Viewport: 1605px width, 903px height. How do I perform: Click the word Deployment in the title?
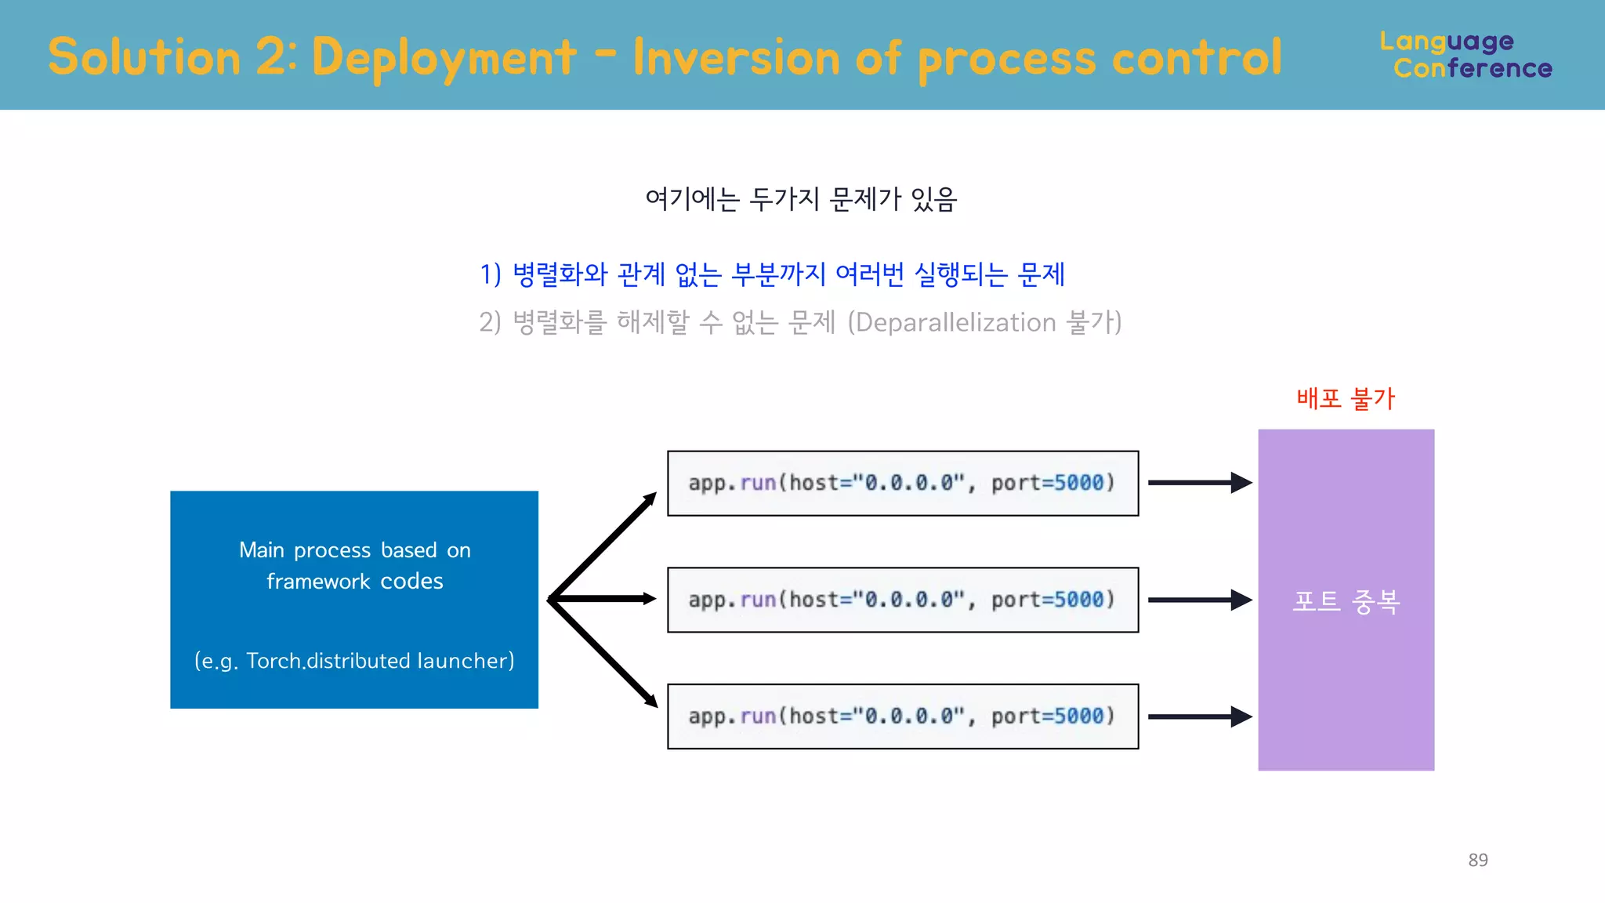444,58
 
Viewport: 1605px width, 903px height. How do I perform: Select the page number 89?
1477,860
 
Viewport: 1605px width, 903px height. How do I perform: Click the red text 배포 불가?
1345,399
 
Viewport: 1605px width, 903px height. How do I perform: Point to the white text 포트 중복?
1346,601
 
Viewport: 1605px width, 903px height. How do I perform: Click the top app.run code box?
902,483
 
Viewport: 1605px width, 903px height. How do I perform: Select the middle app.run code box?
902,600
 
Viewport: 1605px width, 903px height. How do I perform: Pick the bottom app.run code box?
902,716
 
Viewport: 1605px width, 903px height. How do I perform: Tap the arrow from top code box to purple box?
1199,483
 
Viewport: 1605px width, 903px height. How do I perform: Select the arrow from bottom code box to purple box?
1199,716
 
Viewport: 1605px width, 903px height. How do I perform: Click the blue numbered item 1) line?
772,274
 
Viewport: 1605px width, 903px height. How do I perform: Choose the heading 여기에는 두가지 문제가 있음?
801,199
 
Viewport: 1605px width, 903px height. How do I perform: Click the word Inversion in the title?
736,58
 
